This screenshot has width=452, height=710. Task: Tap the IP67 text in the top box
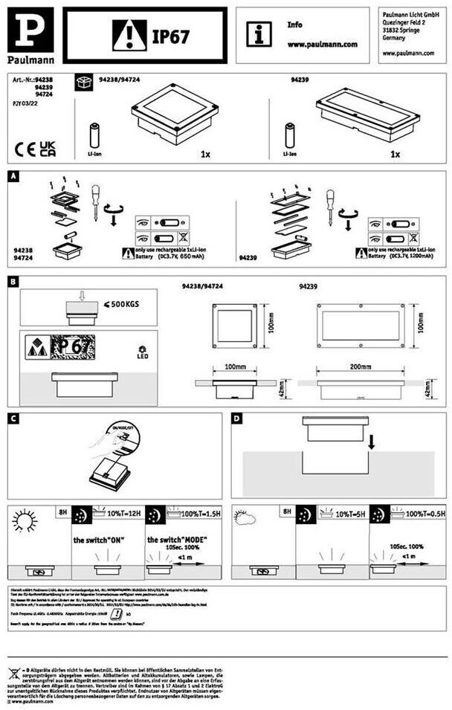(170, 36)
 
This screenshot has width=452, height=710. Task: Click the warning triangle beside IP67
(129, 36)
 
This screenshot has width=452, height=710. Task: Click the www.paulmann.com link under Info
(322, 45)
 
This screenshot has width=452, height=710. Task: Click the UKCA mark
(48, 148)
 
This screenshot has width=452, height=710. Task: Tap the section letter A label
(13, 178)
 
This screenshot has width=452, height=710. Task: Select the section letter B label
(13, 283)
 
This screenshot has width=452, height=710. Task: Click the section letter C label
(13, 419)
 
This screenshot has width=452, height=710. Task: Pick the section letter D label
(237, 419)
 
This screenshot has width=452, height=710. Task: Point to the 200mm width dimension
(360, 367)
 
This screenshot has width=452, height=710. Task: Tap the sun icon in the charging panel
(24, 521)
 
